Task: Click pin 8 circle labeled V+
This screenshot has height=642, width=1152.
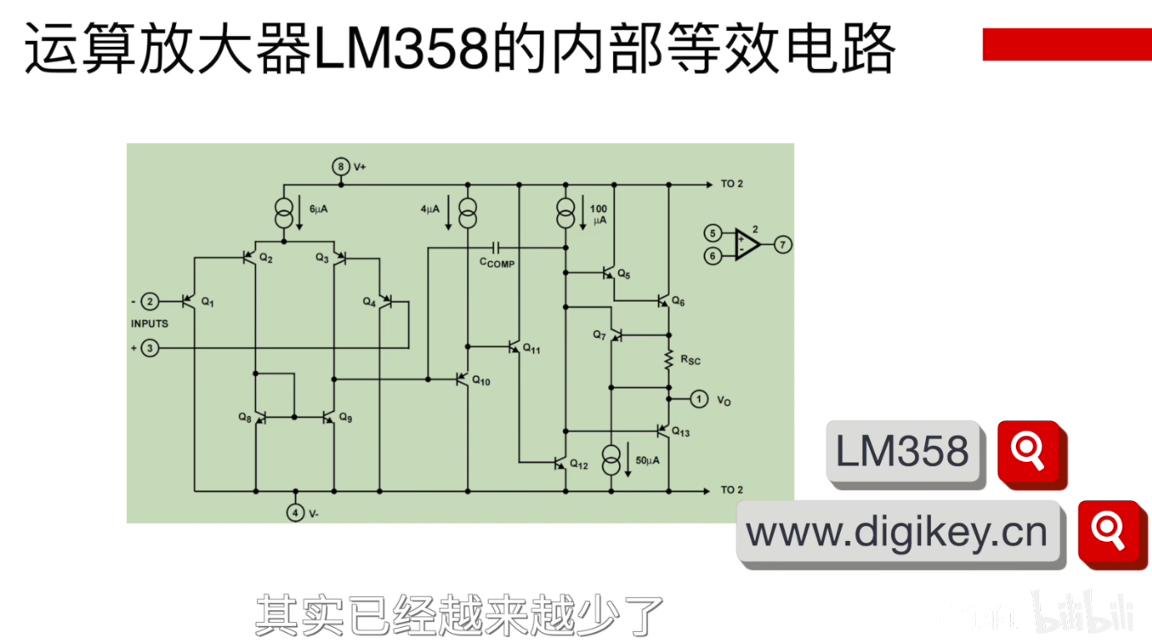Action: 340,167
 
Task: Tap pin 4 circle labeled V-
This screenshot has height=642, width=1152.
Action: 295,513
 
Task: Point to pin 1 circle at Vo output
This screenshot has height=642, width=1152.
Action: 699,399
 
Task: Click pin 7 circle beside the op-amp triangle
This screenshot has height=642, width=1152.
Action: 782,244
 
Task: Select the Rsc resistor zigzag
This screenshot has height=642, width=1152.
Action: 668,360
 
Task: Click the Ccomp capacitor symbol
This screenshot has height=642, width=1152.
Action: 497,248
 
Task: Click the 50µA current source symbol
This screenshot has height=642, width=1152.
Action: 611,460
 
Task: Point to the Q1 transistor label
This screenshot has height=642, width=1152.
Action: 208,303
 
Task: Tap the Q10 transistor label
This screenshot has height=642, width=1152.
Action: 481,381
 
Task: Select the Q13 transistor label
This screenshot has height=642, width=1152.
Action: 681,432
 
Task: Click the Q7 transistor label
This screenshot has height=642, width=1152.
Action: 599,334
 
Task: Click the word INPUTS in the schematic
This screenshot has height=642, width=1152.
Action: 149,324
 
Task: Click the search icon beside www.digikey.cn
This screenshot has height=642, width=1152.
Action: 1109,532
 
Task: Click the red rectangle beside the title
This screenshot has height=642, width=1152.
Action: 1066,44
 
